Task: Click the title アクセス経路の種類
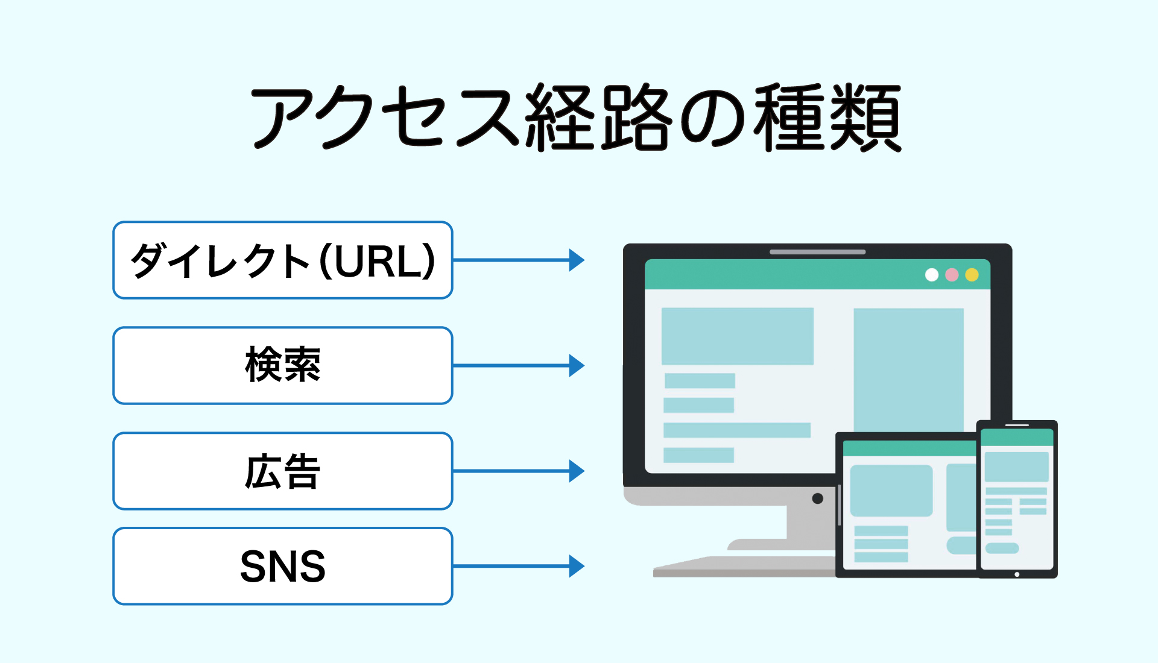[x=576, y=118]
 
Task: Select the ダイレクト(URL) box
[x=283, y=260]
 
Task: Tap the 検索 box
[x=283, y=365]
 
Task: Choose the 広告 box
[x=283, y=471]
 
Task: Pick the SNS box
[x=283, y=566]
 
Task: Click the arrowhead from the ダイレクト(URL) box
[x=577, y=260]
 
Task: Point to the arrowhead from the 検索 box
[x=577, y=365]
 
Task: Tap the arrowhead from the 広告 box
[x=577, y=471]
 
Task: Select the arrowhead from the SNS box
[x=577, y=566]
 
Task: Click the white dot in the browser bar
[x=932, y=275]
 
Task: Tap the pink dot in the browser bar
[x=952, y=275]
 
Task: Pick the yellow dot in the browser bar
[x=972, y=275]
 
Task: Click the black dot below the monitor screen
[x=818, y=498]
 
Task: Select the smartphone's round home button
[x=1017, y=574]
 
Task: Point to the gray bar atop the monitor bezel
[x=818, y=252]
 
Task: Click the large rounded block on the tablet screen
[x=891, y=491]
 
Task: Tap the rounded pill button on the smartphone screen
[x=1002, y=548]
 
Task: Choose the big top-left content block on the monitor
[x=738, y=336]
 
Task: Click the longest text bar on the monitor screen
[x=737, y=430]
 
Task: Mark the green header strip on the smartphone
[x=1017, y=438]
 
